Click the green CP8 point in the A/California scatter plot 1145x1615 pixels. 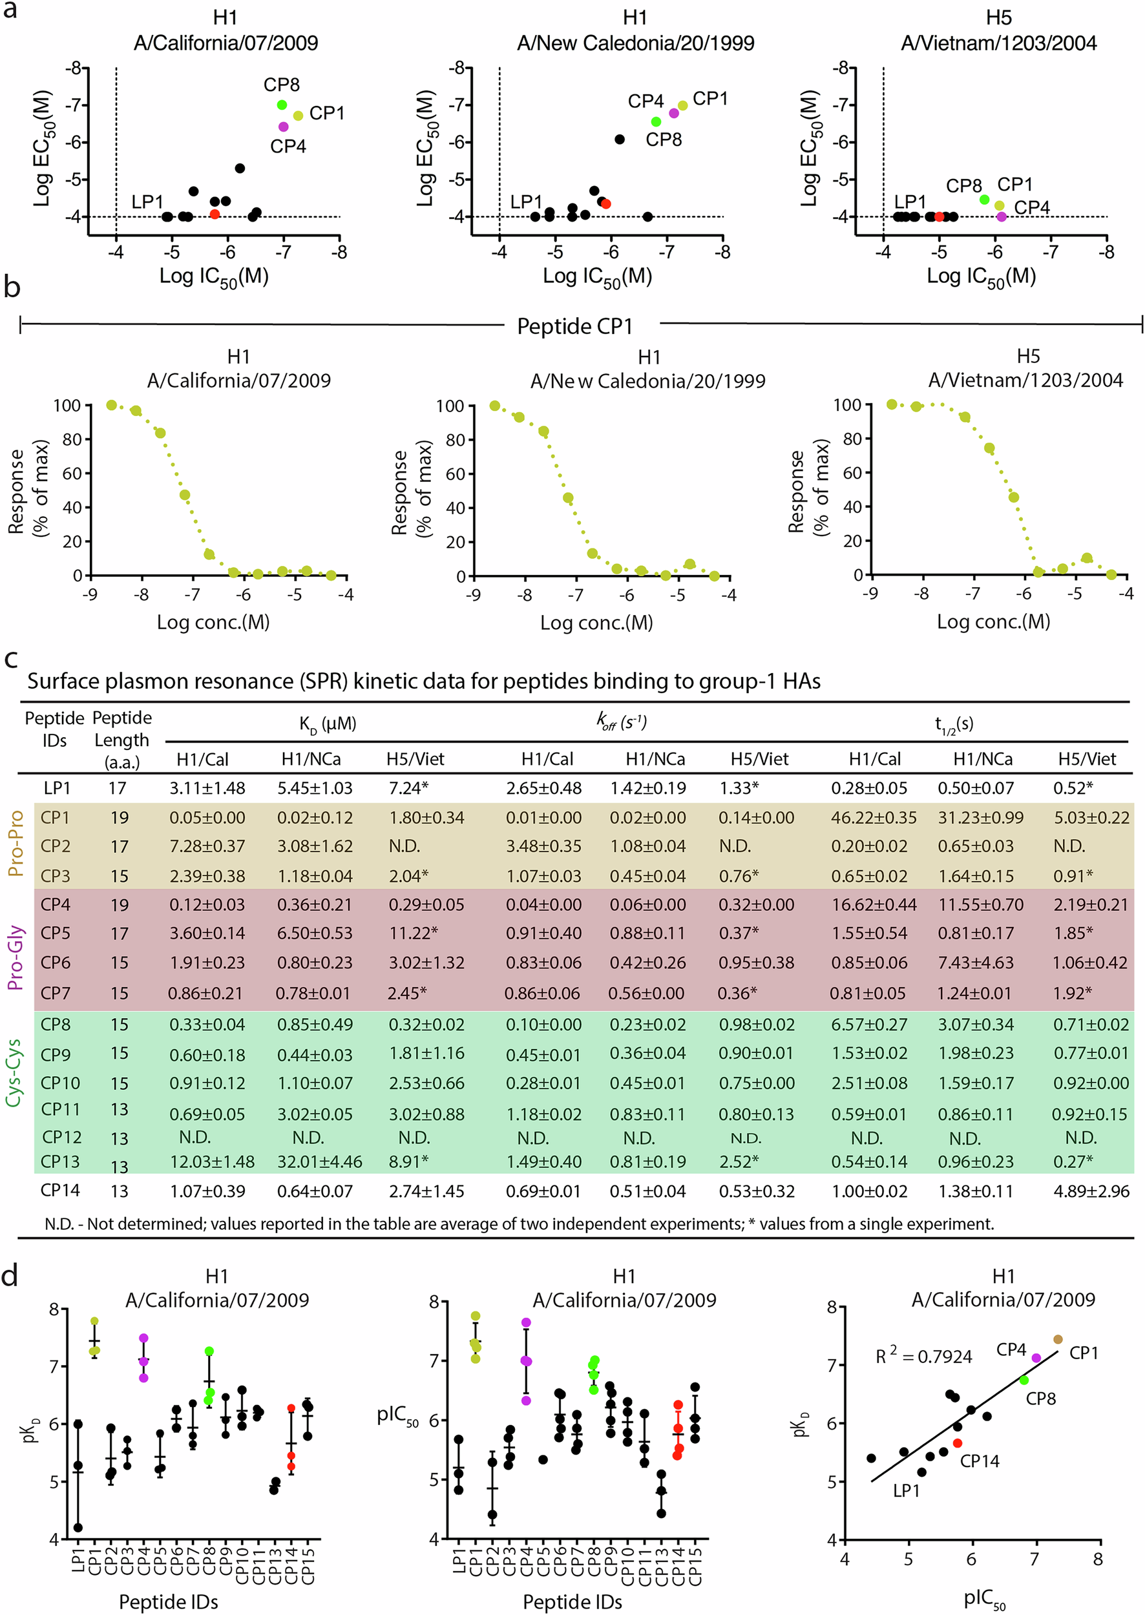(282, 105)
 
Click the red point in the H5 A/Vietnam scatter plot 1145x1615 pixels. (939, 216)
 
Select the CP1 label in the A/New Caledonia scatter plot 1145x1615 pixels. (710, 99)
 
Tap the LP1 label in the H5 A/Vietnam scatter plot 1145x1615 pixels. (910, 202)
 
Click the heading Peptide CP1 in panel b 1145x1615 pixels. (574, 326)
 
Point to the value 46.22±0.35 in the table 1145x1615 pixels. (874, 818)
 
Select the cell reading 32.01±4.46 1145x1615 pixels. (319, 1161)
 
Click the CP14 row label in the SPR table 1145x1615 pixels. (60, 1190)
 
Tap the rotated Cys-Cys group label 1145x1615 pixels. (14, 1072)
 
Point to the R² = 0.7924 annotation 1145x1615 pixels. (923, 1355)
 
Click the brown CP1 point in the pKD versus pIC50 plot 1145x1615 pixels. (1058, 1339)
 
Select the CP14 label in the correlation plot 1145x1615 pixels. (980, 1461)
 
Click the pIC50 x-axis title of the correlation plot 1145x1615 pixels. (984, 1598)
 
